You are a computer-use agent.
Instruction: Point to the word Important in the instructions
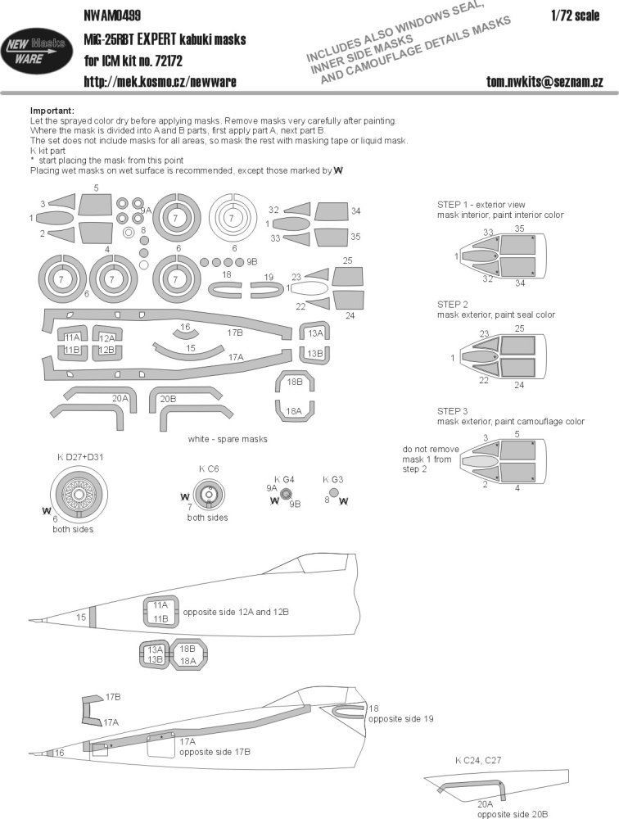coord(51,111)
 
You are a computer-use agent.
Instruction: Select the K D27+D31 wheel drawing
coord(79,495)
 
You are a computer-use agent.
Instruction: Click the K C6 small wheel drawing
coord(208,494)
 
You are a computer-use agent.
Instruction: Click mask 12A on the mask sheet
coord(106,337)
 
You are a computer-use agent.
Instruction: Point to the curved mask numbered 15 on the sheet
coord(190,350)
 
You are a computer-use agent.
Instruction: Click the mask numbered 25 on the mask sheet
coord(346,273)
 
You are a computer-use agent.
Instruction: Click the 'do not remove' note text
coord(431,449)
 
